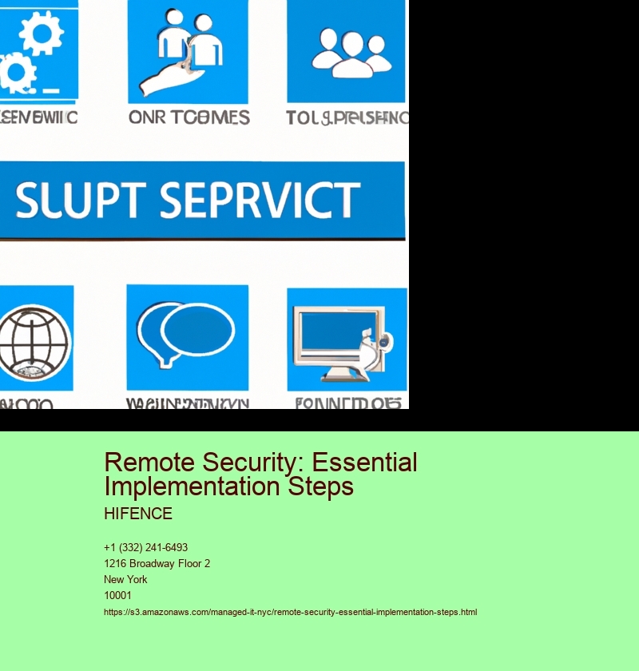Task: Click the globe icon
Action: tap(32, 339)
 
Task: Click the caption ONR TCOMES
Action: tap(189, 117)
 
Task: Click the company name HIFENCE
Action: tap(138, 514)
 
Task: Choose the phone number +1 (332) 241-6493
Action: tap(145, 548)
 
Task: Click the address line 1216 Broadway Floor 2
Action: tap(157, 564)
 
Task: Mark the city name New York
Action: tap(125, 580)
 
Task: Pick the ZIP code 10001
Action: tap(117, 596)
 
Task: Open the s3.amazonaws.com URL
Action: tap(290, 612)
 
